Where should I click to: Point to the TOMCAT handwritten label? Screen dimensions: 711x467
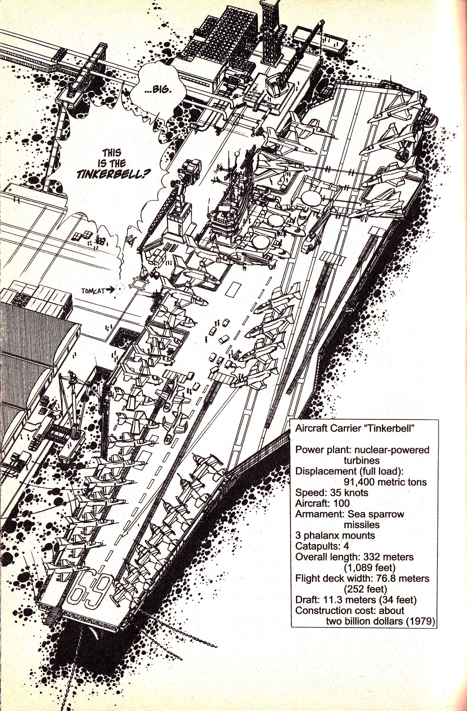point(92,291)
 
